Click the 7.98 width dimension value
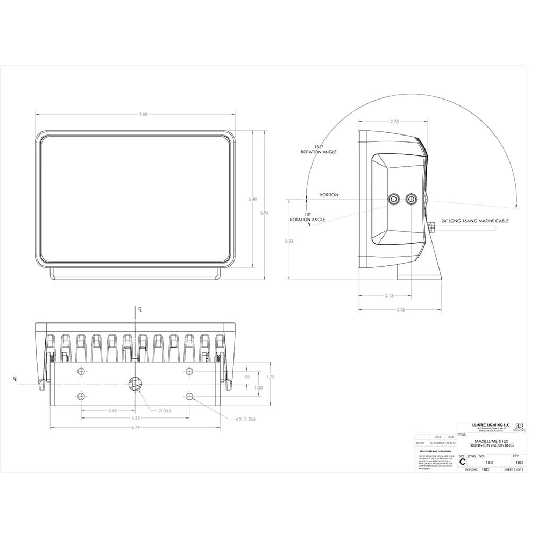135,114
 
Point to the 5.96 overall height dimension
264,213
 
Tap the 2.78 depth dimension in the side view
394,122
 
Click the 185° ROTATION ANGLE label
318,150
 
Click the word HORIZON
329,195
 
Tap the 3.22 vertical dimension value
289,241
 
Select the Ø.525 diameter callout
165,410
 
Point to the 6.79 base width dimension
136,428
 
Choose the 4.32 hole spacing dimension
136,418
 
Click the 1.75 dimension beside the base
270,377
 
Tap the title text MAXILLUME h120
490,441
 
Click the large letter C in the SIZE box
462,462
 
